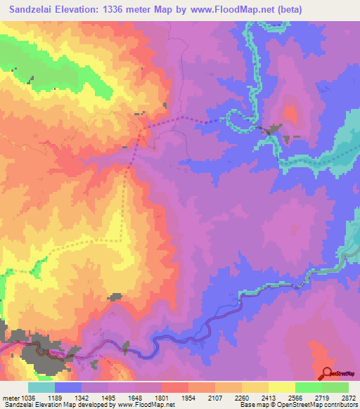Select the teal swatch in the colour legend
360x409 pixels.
(x=41, y=388)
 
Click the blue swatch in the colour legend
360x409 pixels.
(x=67, y=388)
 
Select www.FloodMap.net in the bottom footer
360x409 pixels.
(x=147, y=404)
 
